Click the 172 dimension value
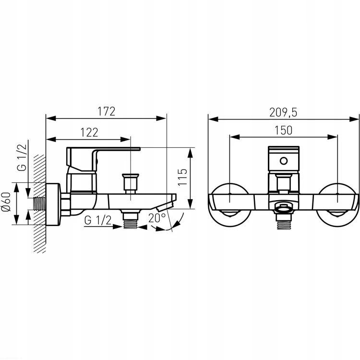point(106,111)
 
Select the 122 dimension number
point(89,132)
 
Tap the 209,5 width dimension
point(283,112)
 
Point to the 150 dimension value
point(284,130)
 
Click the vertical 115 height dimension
point(182,177)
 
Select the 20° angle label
point(157,218)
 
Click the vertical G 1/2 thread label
point(22,157)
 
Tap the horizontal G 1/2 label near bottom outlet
point(98,220)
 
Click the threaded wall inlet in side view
point(39,204)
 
